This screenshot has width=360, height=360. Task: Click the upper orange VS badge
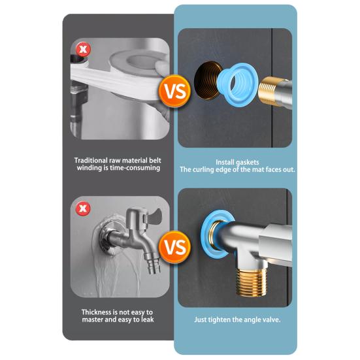175,91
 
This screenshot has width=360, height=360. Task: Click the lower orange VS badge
175,247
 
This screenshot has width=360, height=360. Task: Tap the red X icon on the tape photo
83,49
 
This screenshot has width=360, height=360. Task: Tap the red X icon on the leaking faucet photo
83,208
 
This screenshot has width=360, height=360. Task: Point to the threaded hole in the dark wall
207,80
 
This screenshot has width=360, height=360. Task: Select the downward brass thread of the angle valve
252,283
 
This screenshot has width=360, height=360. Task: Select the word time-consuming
135,168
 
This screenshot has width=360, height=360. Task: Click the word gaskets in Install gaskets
247,162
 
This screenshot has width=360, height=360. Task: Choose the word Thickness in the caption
97,312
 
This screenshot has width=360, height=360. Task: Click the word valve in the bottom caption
272,319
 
